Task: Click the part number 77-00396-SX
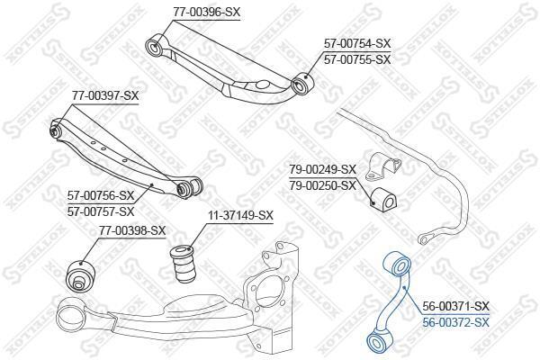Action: (x=206, y=12)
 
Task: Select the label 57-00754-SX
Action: (x=357, y=43)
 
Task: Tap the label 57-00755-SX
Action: (x=357, y=59)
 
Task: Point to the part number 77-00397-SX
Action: (x=105, y=95)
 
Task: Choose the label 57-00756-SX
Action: (x=101, y=195)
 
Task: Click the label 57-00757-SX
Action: (x=101, y=211)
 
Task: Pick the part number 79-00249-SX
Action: (x=322, y=169)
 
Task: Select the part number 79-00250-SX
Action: (x=322, y=185)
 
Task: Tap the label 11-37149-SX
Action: (x=240, y=216)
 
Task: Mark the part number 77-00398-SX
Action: (x=132, y=230)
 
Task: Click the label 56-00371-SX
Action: (x=455, y=306)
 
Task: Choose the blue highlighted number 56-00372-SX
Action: (x=455, y=322)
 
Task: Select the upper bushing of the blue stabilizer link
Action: (x=398, y=265)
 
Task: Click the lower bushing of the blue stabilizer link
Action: (x=377, y=341)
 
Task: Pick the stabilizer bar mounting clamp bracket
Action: (x=382, y=166)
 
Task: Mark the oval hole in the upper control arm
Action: (x=263, y=85)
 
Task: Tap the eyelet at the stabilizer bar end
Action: (x=423, y=239)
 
